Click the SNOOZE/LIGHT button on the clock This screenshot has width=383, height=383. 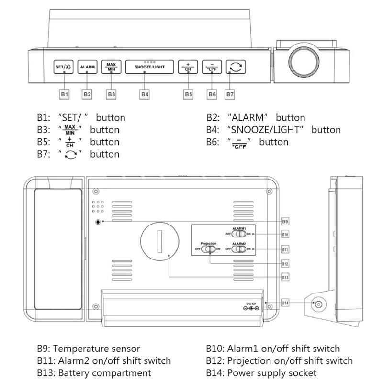coord(149,67)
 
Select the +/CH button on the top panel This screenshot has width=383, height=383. coord(188,67)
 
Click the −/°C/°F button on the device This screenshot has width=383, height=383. coord(212,67)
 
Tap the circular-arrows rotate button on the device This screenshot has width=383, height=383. coord(236,67)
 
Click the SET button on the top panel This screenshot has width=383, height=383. coord(63,67)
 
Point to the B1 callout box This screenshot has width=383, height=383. coord(65,94)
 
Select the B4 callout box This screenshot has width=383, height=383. coord(145,94)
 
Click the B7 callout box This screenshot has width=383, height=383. coord(230,94)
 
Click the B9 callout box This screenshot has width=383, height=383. coord(285,222)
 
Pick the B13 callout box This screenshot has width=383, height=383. coord(285,277)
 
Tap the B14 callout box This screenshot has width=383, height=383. coord(285,303)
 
